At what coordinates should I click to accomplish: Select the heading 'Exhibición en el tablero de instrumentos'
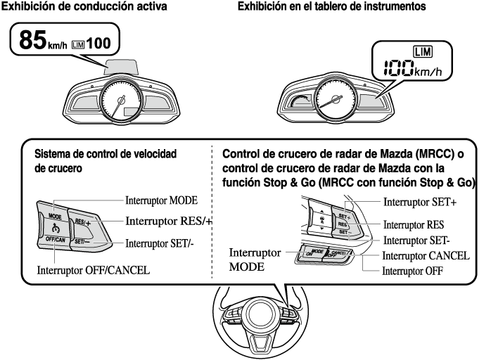(321, 7)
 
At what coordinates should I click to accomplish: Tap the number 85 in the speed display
(33, 41)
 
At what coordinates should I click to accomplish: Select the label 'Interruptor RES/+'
(169, 221)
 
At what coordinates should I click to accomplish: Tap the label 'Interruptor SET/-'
(159, 245)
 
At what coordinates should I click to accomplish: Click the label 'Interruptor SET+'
(419, 202)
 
